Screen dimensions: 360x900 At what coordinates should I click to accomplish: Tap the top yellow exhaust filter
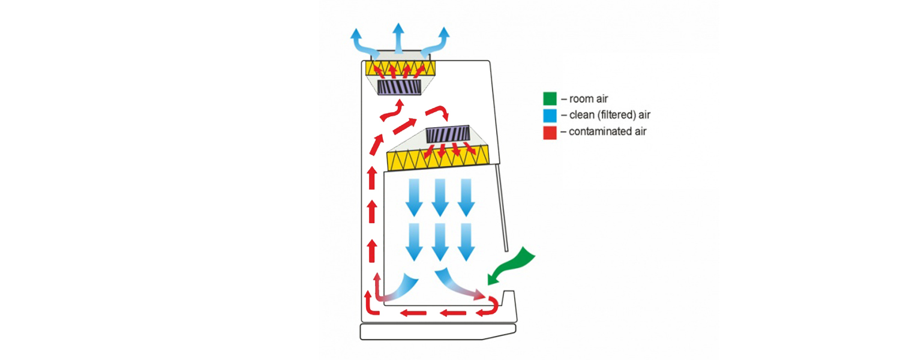[x=401, y=68]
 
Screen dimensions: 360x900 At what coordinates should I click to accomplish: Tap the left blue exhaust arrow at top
[x=362, y=42]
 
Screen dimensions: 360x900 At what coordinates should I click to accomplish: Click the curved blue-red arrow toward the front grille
[x=458, y=284]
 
